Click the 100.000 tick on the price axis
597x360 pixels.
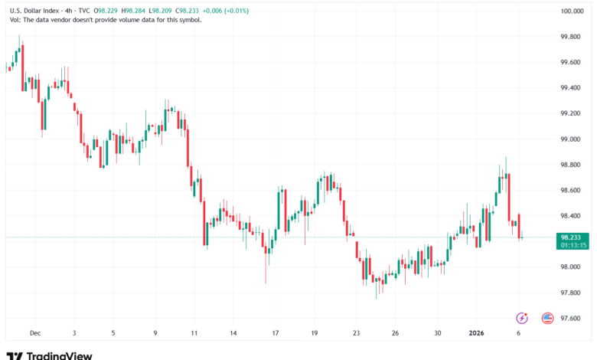point(573,11)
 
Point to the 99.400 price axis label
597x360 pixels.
point(572,88)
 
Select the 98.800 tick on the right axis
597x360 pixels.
point(572,165)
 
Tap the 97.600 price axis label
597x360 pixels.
point(572,318)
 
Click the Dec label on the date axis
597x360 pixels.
point(34,333)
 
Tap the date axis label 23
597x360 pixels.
point(356,333)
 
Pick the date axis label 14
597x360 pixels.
point(233,333)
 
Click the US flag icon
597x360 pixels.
point(547,318)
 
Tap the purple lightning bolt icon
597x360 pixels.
point(523,318)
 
